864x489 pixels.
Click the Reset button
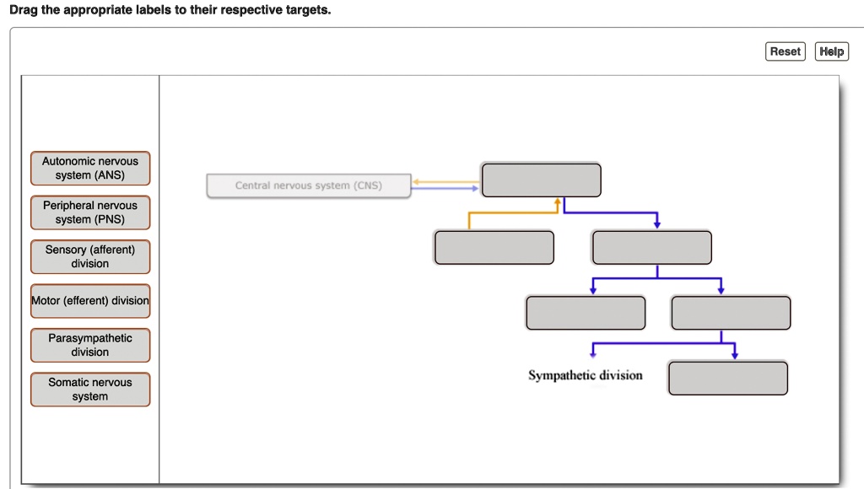pyautogui.click(x=785, y=51)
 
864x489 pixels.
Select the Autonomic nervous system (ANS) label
pyautogui.click(x=90, y=168)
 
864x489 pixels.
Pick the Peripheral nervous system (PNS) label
pyautogui.click(x=90, y=212)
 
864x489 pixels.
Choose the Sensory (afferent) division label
pyautogui.click(x=90, y=256)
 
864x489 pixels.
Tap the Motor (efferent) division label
pyautogui.click(x=90, y=301)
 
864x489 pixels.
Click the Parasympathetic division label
pyautogui.click(x=90, y=345)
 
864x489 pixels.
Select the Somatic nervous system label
pyautogui.click(x=90, y=390)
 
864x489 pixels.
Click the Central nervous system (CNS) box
pyautogui.click(x=309, y=185)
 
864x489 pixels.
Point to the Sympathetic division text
pyautogui.click(x=585, y=375)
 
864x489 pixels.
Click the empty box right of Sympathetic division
pyautogui.click(x=727, y=378)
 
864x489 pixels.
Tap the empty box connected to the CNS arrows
pyautogui.click(x=541, y=180)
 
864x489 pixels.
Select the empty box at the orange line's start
pyautogui.click(x=494, y=247)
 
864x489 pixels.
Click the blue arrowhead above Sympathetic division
pyautogui.click(x=593, y=354)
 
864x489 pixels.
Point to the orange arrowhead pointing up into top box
pyautogui.click(x=557, y=202)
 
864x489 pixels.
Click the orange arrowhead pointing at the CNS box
pyautogui.click(x=416, y=181)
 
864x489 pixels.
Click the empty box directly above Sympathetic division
pyautogui.click(x=586, y=313)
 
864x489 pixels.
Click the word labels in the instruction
pyautogui.click(x=154, y=10)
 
